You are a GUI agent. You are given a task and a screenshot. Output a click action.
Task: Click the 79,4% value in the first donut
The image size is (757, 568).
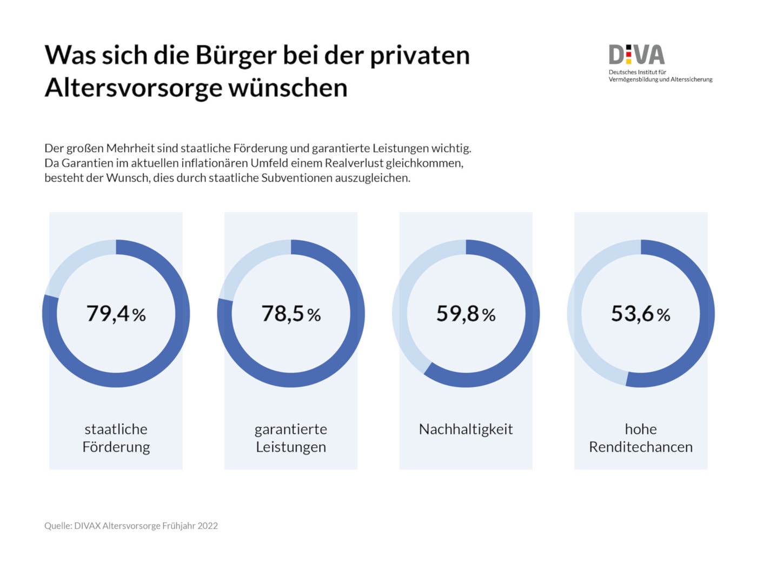pyautogui.click(x=116, y=314)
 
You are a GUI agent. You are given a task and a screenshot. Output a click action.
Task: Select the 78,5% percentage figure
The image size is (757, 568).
pyautogui.click(x=291, y=314)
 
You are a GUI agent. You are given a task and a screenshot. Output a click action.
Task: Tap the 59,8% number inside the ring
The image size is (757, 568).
pyautogui.click(x=466, y=314)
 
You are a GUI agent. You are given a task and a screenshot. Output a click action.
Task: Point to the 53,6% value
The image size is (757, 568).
pyautogui.click(x=640, y=314)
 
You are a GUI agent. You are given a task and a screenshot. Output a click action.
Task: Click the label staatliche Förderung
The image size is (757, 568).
pyautogui.click(x=116, y=438)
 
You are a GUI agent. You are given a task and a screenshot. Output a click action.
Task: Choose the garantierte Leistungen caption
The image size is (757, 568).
pyautogui.click(x=291, y=438)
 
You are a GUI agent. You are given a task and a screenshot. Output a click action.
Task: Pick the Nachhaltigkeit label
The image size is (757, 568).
pyautogui.click(x=466, y=430)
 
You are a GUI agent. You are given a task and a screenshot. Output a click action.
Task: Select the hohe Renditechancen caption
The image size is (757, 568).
pyautogui.click(x=641, y=438)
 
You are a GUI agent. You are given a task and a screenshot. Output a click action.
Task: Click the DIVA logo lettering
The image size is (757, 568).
pyautogui.click(x=636, y=55)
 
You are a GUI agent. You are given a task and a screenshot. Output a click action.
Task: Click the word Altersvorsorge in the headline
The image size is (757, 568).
pyautogui.click(x=133, y=88)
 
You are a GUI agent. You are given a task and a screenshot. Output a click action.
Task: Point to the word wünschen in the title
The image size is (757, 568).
pyautogui.click(x=288, y=88)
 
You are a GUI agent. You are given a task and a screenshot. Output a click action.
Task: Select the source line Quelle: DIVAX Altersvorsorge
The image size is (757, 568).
pyautogui.click(x=131, y=526)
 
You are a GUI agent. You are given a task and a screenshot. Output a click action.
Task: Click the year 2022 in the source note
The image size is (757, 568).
pyautogui.click(x=208, y=526)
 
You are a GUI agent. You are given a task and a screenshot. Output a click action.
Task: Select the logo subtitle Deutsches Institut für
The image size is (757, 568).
pyautogui.click(x=637, y=72)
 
